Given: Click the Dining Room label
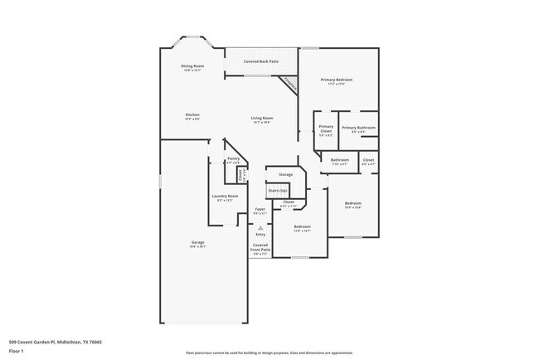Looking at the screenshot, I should (x=193, y=66).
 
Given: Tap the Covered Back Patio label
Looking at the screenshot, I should (x=261, y=61).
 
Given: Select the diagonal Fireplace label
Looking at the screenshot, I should (x=289, y=83).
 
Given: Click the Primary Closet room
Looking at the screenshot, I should (x=326, y=130).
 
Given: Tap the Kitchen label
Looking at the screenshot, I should (x=192, y=114).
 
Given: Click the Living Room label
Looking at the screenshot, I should (x=262, y=118).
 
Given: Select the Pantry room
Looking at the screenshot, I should (x=233, y=159).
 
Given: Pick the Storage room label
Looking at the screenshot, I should (x=285, y=174).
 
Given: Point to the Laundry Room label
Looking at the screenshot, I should (x=226, y=196).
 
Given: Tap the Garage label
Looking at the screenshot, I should (x=198, y=242).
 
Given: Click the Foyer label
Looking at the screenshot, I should (x=260, y=209).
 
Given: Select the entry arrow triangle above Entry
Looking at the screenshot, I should (x=260, y=226).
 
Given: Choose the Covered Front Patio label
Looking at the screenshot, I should (x=260, y=247).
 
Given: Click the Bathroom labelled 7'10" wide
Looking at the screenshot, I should (x=339, y=159).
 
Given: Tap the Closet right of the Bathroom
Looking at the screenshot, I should (x=368, y=159).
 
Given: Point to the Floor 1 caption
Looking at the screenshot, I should (x=17, y=351).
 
